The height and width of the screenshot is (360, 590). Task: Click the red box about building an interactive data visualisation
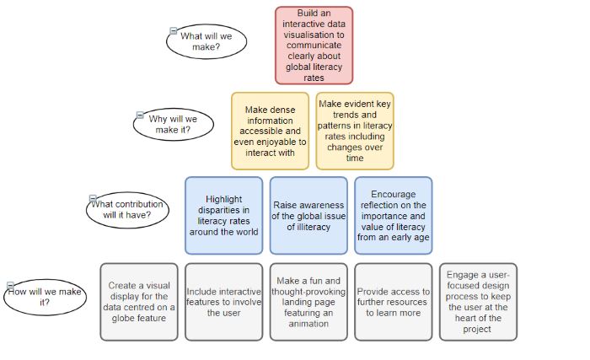314,46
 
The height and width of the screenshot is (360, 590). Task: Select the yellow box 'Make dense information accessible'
271,131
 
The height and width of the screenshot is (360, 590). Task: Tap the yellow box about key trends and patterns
355,131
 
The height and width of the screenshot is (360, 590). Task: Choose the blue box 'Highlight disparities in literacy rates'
224,215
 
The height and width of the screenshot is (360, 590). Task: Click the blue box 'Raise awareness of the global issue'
308,215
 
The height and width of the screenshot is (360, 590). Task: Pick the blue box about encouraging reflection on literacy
394,215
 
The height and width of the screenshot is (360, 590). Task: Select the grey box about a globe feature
139,302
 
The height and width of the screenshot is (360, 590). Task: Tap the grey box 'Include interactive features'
224,302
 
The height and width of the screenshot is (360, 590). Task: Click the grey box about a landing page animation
308,302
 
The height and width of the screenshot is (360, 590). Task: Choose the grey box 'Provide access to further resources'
394,302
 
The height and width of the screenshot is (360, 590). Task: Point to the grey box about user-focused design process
478,302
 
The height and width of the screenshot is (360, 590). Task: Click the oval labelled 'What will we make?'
206,41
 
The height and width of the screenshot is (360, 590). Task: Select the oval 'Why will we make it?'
174,124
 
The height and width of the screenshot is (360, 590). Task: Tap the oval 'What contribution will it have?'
127,210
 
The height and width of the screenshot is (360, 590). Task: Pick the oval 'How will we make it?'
46,297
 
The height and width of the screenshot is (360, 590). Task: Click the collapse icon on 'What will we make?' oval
174,31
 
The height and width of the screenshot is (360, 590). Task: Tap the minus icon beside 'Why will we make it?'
140,115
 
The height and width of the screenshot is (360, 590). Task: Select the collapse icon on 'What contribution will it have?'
93,198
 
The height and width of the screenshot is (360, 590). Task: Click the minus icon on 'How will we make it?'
10,286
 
